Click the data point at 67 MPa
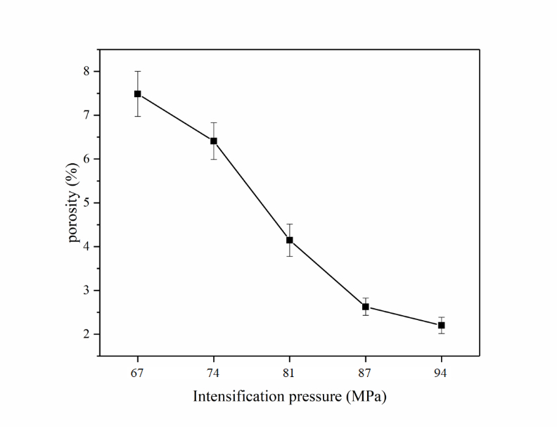click(138, 94)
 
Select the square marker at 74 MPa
click(214, 141)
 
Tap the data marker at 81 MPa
click(289, 240)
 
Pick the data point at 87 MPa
click(366, 307)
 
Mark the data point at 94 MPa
click(441, 325)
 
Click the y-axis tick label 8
click(87, 71)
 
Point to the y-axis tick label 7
click(87, 115)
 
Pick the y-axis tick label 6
click(87, 159)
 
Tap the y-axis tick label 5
click(87, 203)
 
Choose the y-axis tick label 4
click(87, 247)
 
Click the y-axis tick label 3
click(87, 291)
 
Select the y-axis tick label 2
click(87, 334)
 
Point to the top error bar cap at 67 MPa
click(138, 71)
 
